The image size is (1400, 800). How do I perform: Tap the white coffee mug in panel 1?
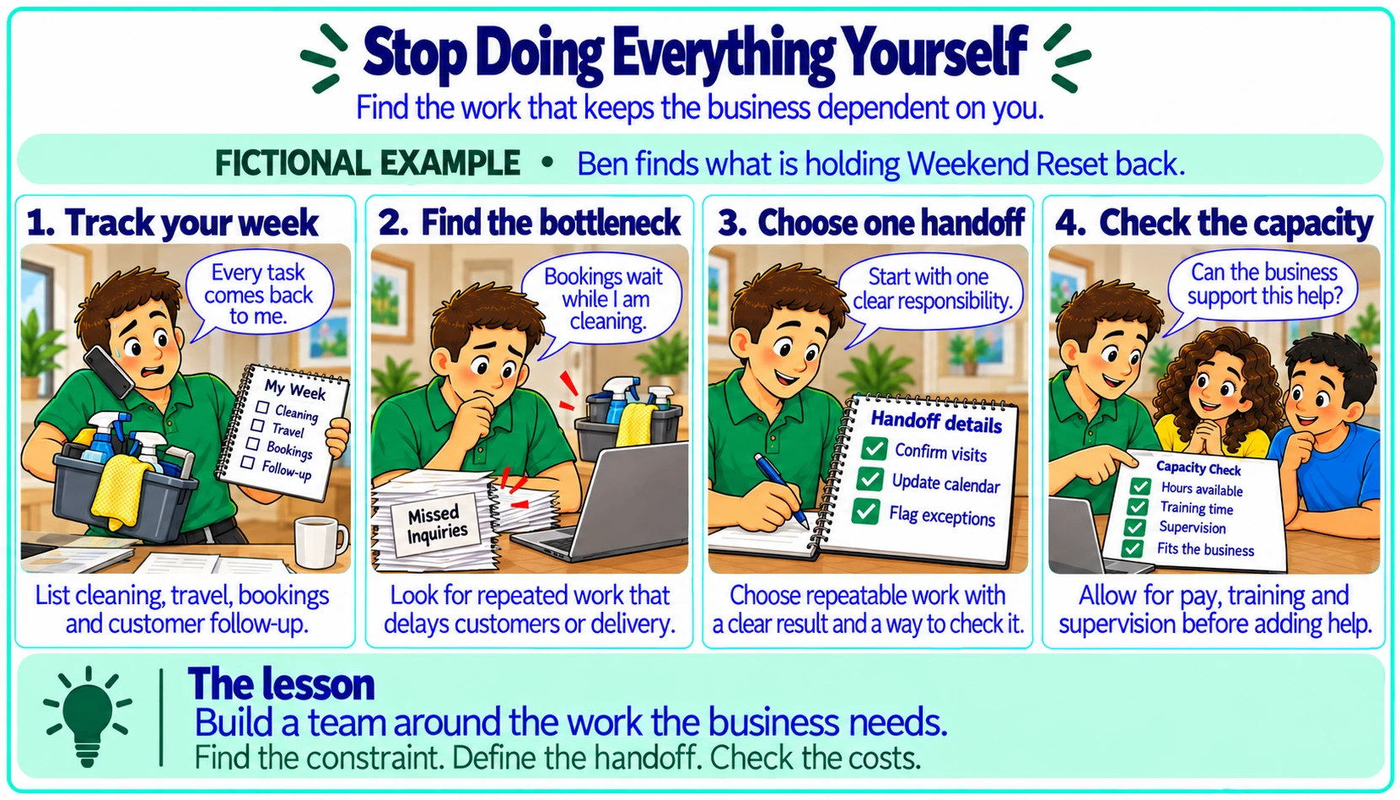coord(320,542)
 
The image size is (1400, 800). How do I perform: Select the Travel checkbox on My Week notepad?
coord(257,425)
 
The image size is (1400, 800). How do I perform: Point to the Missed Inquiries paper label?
coord(436,524)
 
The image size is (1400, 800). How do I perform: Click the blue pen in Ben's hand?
coord(781,489)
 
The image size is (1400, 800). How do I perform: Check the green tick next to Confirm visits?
coord(874,448)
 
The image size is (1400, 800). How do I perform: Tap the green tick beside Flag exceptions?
coord(865,511)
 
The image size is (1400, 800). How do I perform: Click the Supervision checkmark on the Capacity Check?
coord(1133,527)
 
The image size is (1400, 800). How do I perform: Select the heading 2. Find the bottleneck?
coord(529,223)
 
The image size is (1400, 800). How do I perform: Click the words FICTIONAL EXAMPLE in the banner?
coord(368,163)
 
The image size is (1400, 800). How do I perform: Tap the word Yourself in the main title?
coord(934,54)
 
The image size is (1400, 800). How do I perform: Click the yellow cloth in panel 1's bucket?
coord(123,492)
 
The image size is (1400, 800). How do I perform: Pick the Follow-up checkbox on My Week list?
coord(247,462)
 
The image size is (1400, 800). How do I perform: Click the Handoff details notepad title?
coord(936,422)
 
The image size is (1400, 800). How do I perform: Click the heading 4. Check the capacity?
coord(1214,223)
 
